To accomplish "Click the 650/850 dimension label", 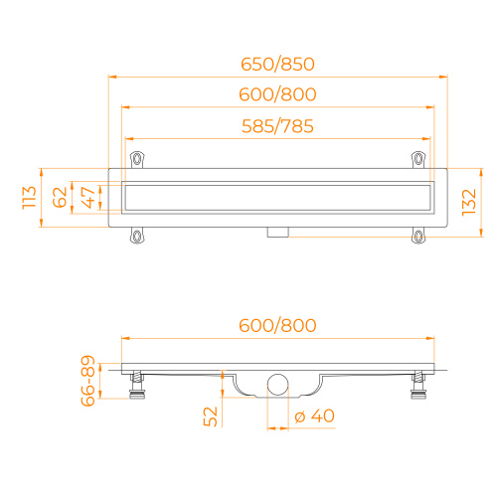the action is (x=277, y=65).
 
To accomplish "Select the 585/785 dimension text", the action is (x=277, y=126).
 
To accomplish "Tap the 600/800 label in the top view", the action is (x=277, y=94).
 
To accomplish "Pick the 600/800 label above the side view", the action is (x=277, y=325).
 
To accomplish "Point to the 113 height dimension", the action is (x=29, y=198).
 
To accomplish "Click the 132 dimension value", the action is (x=469, y=203).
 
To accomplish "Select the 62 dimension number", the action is (x=60, y=198).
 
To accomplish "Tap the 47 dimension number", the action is (x=88, y=198).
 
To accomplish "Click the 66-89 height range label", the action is (x=88, y=381).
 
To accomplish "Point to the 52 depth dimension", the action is (x=210, y=416).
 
